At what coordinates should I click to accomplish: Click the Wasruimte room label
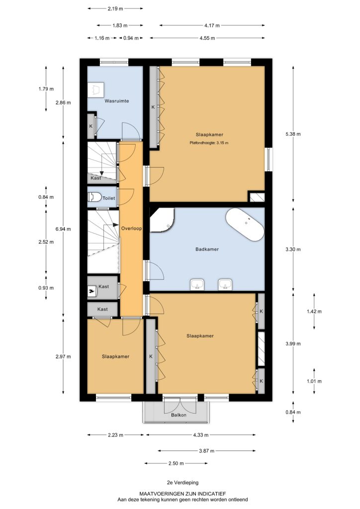(x=116, y=101)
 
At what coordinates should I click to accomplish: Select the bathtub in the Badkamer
(x=245, y=225)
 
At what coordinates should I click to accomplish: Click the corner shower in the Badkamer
(x=162, y=220)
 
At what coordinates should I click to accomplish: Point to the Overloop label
(x=131, y=228)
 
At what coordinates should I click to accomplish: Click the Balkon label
(x=179, y=415)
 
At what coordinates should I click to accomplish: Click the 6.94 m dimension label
(x=63, y=229)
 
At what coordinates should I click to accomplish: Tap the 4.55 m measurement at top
(x=207, y=38)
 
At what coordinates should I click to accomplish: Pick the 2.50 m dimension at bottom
(x=176, y=463)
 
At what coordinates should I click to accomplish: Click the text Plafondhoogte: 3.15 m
(x=209, y=143)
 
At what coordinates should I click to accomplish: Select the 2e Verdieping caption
(x=182, y=483)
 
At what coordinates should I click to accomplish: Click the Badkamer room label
(x=207, y=250)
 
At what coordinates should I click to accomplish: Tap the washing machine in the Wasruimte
(x=96, y=89)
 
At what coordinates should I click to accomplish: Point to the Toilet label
(x=109, y=198)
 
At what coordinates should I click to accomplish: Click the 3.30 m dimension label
(x=293, y=250)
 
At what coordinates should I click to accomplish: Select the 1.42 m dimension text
(x=314, y=311)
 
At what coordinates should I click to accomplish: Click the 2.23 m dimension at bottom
(x=115, y=435)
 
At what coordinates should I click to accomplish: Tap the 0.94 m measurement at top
(x=131, y=38)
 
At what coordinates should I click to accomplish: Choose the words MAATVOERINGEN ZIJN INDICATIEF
(x=182, y=494)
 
